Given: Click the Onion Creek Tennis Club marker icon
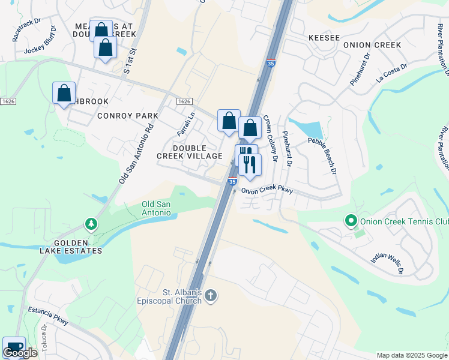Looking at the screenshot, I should coord(352,221).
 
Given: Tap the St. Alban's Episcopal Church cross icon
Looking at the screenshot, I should coord(210,295).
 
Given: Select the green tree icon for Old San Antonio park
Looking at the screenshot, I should coord(91,224).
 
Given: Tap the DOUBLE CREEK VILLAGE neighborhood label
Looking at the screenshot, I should coord(190,152).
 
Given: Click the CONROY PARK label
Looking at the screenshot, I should coord(128,116).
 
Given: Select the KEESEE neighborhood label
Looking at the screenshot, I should coord(324,37).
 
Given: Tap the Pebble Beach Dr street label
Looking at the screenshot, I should coord(322,156).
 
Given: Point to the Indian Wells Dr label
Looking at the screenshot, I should coord(387,263).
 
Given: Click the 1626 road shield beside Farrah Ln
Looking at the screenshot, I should coord(184,103).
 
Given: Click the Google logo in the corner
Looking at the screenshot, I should coord(20,353).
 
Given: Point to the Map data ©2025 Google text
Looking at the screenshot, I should coord(411,355).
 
